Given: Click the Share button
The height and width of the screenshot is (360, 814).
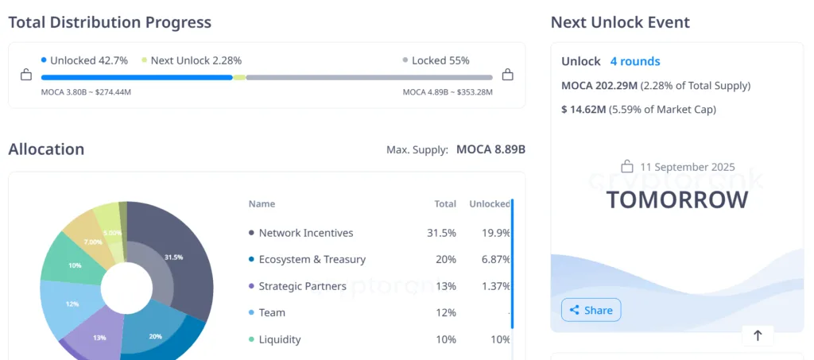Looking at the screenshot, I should pos(591,310).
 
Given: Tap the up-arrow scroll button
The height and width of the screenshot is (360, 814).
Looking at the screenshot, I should pos(757,336).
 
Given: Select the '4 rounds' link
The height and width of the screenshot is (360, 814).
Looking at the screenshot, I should pos(634,61).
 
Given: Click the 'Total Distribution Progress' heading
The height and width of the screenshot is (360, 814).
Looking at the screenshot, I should pos(110,22).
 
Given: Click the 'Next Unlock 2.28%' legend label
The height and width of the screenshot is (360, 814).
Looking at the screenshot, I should pos(196,60).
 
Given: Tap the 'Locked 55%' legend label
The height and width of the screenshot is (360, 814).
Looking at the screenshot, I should pos(441,60).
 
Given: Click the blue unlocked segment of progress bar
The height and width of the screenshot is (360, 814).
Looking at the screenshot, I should pos(136,77).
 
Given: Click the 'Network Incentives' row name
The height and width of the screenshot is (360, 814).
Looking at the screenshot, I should pos(306,233).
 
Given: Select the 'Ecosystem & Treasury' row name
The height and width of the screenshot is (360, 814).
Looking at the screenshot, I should pos(312,259).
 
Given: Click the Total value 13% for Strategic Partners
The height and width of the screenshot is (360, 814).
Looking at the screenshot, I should pos(445,286).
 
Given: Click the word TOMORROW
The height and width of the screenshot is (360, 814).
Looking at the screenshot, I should pos(676,199).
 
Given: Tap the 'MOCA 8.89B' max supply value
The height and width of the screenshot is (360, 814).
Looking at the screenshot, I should pos(490,149).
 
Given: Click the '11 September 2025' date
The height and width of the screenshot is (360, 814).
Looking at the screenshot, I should pos(687,167).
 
